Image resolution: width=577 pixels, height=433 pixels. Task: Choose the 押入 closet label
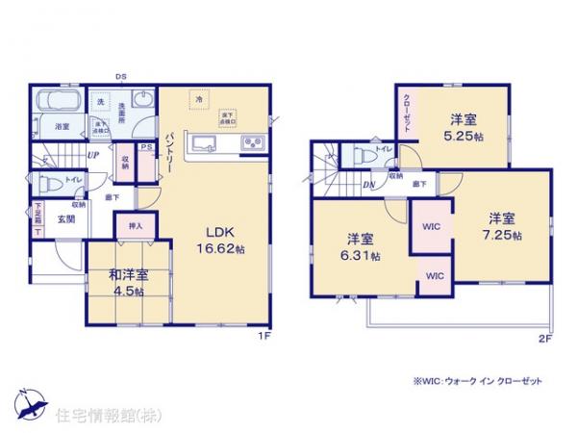point(135,226)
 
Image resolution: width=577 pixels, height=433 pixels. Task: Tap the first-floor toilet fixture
point(51,181)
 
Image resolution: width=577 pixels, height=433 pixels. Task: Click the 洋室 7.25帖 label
point(502,226)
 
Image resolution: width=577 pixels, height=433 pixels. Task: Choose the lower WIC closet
point(435,276)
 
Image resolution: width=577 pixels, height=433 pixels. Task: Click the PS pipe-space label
point(146,147)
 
